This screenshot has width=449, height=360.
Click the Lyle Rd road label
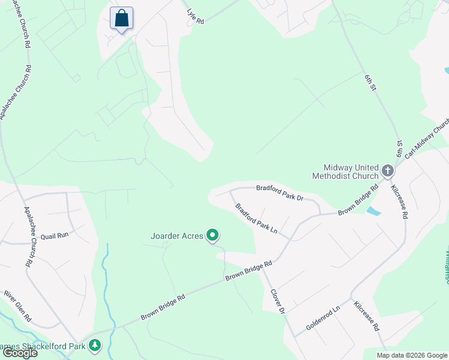point(196,16)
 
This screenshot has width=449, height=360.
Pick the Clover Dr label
point(277,301)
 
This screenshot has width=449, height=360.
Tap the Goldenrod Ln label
point(323,317)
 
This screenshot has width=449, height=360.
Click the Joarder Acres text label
point(177,236)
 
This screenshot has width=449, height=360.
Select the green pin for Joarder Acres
point(212,236)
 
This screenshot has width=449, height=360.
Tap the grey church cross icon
point(388,172)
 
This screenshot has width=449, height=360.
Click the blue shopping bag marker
point(121,19)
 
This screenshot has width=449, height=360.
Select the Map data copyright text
point(411,355)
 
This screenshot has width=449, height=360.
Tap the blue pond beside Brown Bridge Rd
point(373,211)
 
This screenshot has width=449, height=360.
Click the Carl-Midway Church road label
point(427,139)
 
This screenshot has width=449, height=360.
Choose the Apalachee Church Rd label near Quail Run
point(28,237)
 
